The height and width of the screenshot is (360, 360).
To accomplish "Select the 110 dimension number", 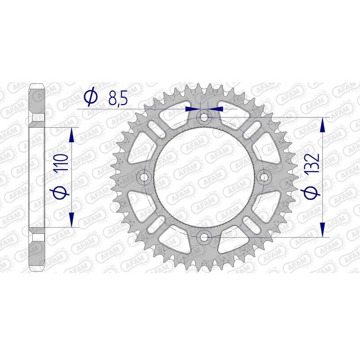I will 62,164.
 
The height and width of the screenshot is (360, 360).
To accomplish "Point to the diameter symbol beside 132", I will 311,192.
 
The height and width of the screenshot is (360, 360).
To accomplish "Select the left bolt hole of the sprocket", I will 145,177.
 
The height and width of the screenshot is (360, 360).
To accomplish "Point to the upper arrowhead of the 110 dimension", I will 71,135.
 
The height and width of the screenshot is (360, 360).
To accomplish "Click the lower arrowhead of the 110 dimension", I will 71,220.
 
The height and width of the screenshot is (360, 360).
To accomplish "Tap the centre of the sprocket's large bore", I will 204,177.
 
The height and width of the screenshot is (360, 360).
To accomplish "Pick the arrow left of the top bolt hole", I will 193,108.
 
